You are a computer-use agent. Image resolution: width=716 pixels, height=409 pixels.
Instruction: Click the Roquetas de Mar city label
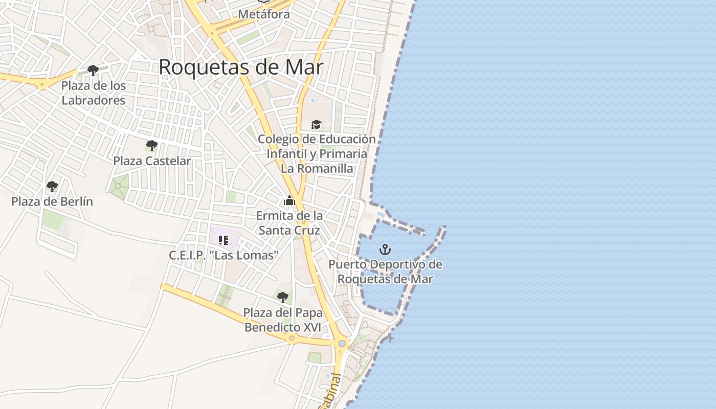(x=241, y=67)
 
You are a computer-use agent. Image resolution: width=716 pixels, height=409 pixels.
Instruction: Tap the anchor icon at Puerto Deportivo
(x=385, y=249)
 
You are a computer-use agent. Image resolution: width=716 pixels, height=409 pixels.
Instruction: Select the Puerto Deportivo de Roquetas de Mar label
(x=385, y=272)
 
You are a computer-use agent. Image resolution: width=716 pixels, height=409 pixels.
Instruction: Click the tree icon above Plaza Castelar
(x=151, y=146)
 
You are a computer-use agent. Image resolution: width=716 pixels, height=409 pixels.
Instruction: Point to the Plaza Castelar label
(x=152, y=161)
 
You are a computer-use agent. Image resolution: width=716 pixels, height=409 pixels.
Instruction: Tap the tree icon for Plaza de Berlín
(x=52, y=186)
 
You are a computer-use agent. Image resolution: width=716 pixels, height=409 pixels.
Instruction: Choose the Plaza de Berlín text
(x=52, y=201)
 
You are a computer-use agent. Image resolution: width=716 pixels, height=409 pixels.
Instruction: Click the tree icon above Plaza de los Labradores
(x=93, y=70)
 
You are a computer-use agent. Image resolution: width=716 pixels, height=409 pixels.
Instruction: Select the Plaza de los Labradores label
(x=93, y=93)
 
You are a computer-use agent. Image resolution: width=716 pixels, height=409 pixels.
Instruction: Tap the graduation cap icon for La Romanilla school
(x=316, y=124)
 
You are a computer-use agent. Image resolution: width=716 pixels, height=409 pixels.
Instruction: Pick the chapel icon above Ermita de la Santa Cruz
(x=289, y=200)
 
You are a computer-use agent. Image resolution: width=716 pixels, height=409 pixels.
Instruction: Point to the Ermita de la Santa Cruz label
(x=289, y=223)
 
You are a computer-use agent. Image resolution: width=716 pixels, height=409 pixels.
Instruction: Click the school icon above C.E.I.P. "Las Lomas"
(x=223, y=240)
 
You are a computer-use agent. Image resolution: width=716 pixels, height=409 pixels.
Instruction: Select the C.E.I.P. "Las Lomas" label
(x=223, y=255)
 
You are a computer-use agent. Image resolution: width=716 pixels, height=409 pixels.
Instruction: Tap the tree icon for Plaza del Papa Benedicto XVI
(x=282, y=297)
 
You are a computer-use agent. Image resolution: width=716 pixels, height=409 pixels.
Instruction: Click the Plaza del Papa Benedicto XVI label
(x=282, y=320)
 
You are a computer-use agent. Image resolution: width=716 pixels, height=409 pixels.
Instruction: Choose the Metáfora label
(x=264, y=14)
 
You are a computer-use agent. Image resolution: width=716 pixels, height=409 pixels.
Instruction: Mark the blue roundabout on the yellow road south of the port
(x=342, y=344)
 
